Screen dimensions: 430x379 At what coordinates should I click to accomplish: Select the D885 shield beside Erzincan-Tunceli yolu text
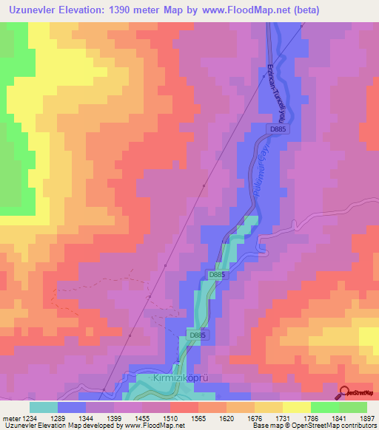coord(278,129)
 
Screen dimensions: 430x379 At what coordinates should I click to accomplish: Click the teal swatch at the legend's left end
coord(44,407)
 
